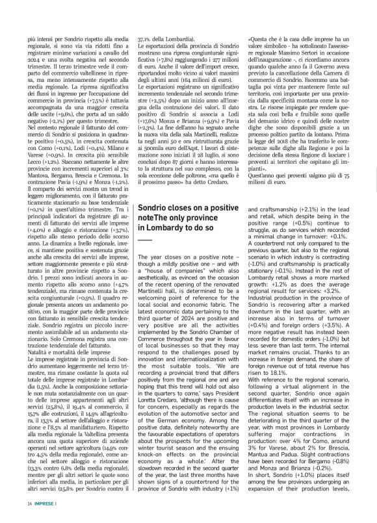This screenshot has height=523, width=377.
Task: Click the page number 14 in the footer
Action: (x=29, y=504)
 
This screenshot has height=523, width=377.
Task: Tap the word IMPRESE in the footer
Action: (x=44, y=504)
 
